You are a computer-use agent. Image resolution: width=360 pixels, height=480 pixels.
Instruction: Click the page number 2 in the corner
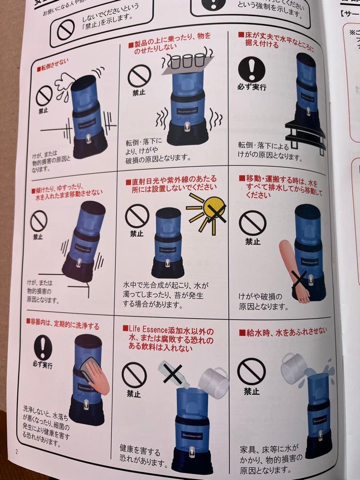click(x=17, y=452)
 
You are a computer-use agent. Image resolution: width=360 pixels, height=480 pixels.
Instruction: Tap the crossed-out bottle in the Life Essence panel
click(x=174, y=373)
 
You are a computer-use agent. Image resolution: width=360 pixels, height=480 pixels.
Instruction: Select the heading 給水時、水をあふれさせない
click(x=283, y=331)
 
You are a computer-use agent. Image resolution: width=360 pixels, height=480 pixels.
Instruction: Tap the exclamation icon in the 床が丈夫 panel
click(x=252, y=69)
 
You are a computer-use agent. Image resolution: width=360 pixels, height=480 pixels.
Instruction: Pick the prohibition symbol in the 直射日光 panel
click(x=137, y=216)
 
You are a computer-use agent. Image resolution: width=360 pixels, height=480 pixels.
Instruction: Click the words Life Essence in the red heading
click(x=147, y=331)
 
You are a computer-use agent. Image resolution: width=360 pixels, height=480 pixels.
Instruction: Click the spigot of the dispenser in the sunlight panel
click(x=168, y=261)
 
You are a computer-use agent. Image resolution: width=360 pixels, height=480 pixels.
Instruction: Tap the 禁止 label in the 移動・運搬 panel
click(x=252, y=242)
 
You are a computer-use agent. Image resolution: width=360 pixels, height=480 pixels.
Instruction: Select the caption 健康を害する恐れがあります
click(x=143, y=456)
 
